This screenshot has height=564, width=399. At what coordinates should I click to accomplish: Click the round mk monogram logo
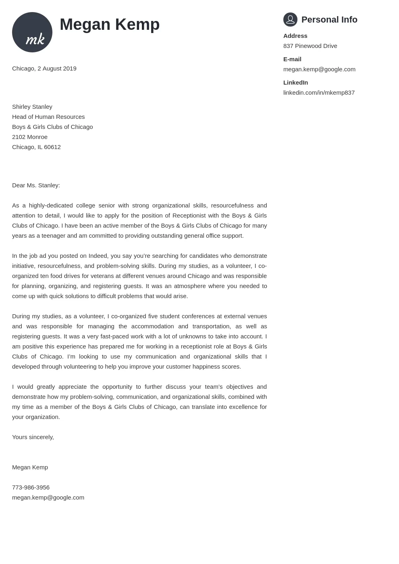coord(32,32)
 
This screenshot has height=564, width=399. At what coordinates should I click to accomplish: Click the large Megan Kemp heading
coord(110,25)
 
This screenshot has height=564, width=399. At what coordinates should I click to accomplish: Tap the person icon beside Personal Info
coord(290,19)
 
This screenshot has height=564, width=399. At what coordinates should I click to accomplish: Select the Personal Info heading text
coord(329,20)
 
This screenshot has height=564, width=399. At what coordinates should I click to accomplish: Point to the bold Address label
coord(295,36)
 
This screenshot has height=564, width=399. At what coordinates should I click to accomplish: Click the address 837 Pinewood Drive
coord(310,46)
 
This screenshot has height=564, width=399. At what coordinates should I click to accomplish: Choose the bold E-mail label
coord(292,59)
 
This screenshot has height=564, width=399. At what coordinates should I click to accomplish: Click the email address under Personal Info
coord(319,69)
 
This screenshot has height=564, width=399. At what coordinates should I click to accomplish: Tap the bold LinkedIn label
coord(295,83)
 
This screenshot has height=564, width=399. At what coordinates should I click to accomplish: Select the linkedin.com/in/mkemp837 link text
coord(319,93)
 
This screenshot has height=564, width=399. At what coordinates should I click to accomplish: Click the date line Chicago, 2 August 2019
coord(44,68)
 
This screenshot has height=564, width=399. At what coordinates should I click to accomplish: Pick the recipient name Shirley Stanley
coord(32,107)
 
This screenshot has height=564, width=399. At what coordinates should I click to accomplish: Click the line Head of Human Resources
coord(48,117)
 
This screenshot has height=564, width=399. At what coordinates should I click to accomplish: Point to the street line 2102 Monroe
coord(30,137)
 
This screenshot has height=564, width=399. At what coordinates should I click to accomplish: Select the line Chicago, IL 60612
coord(36,147)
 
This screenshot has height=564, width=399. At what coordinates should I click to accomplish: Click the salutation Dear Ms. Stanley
coord(36,185)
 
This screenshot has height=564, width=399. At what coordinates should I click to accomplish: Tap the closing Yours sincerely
coord(33,437)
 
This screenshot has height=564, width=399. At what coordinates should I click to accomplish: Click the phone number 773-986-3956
coord(31,487)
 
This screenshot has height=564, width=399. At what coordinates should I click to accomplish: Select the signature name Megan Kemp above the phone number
coord(30,467)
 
